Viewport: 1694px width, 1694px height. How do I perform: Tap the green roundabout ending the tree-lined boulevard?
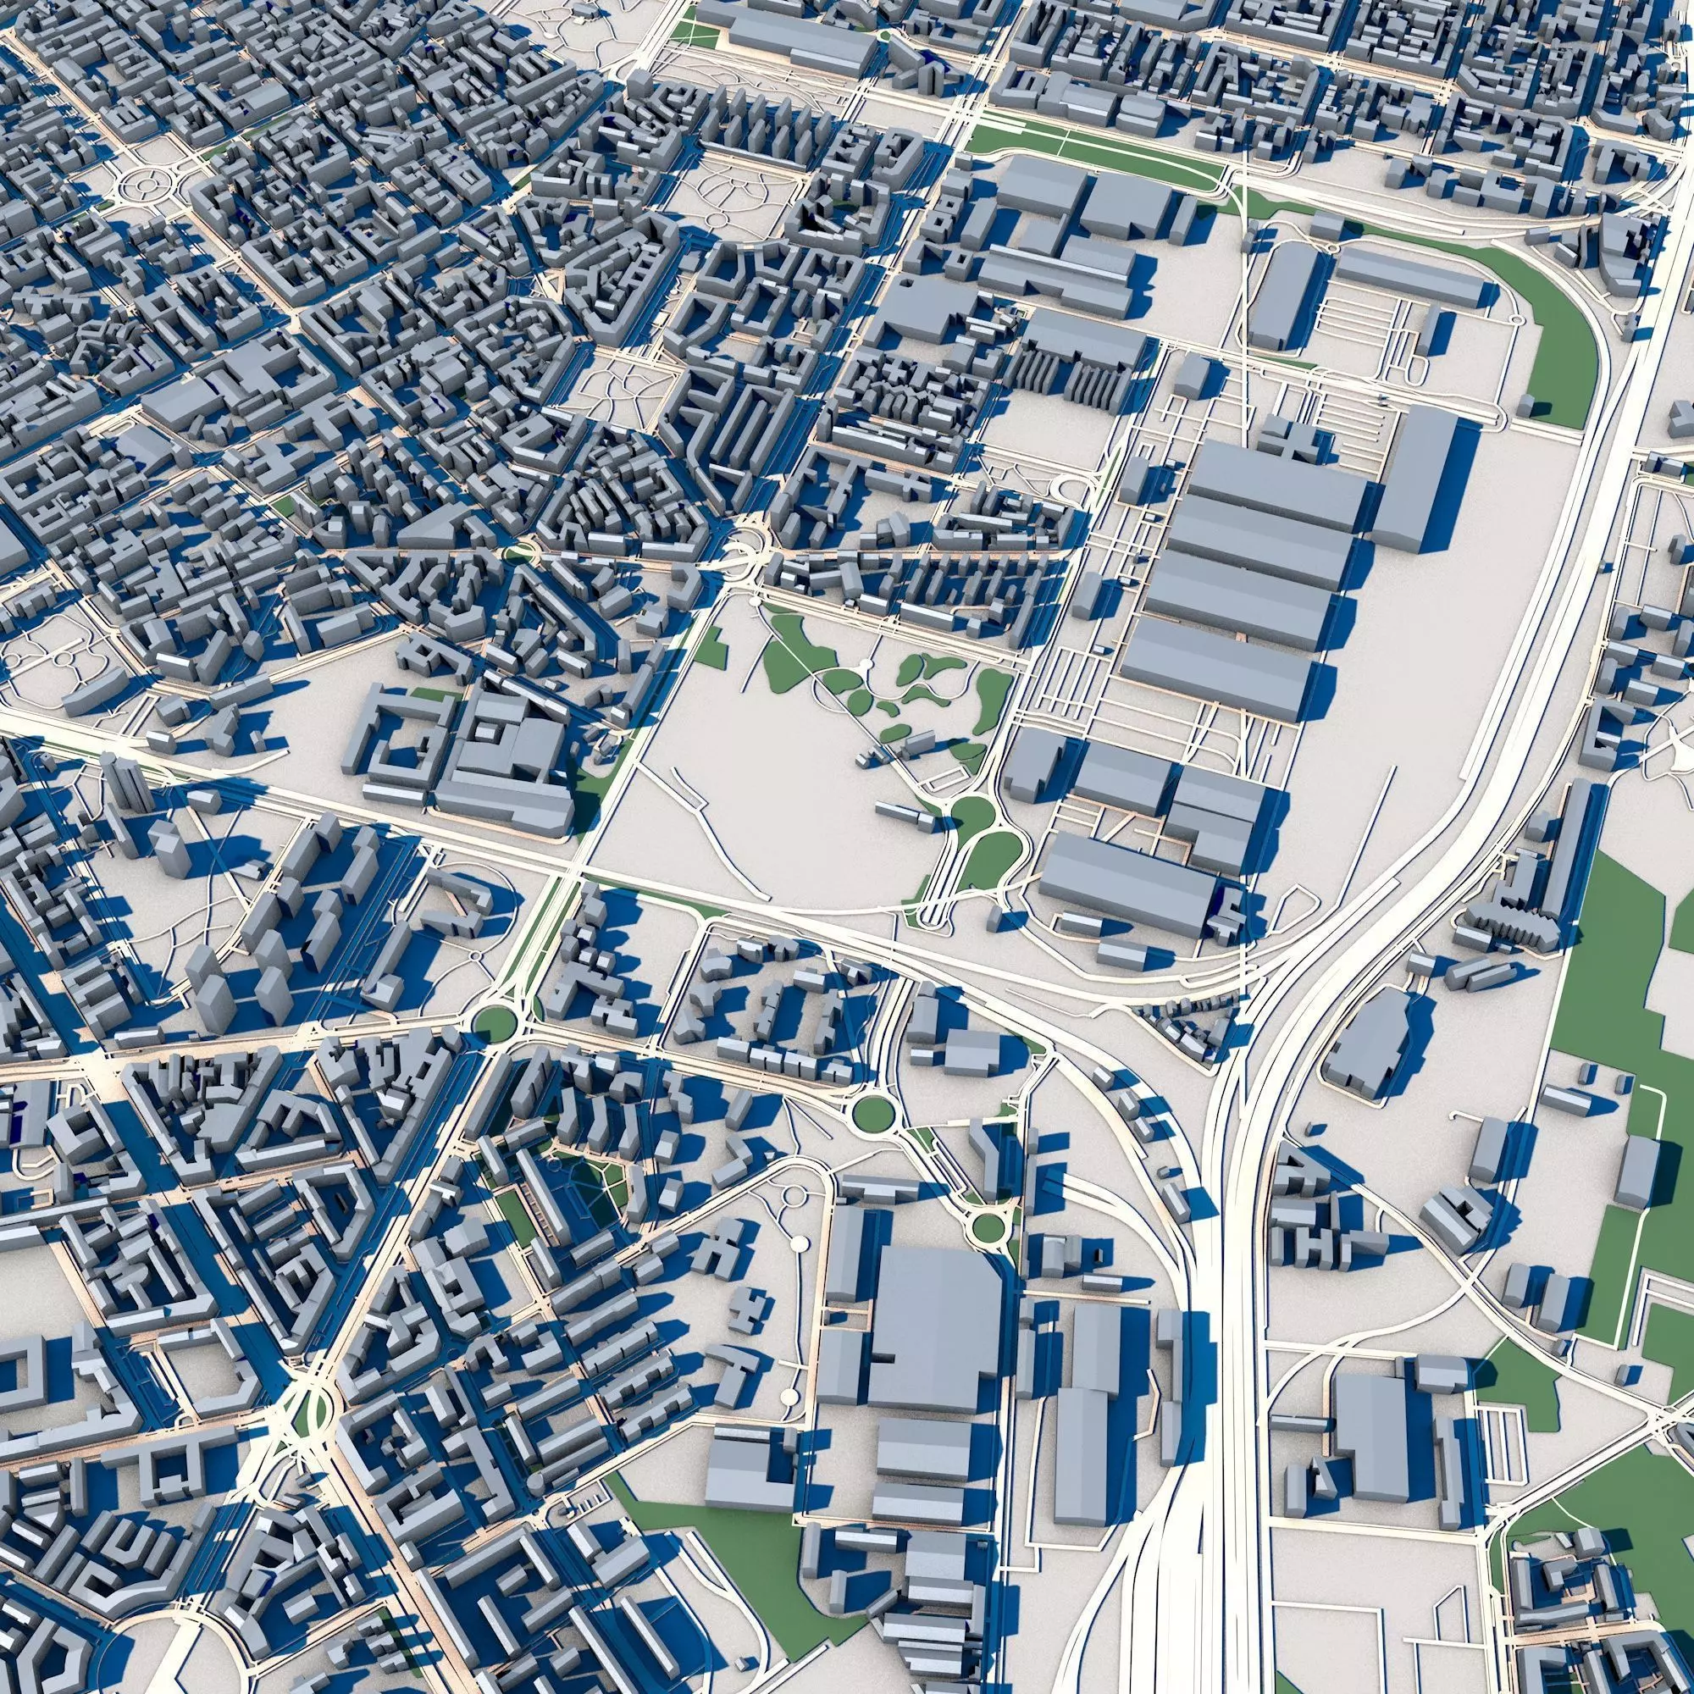494,1021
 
